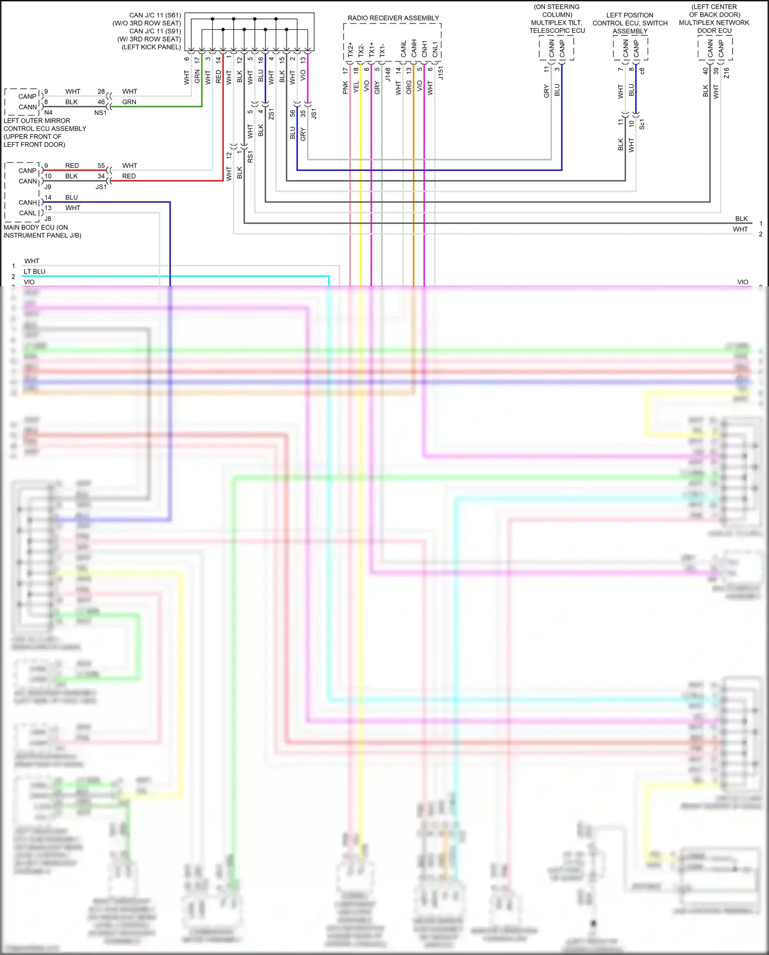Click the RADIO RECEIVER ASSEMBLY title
[393, 18]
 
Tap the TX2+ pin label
[351, 50]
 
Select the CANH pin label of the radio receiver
[414, 49]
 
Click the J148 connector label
[388, 75]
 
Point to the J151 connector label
[440, 73]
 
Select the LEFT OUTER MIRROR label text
[37, 121]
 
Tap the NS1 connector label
[100, 113]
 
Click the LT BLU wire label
[34, 271]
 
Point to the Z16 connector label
[726, 73]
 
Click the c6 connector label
[642, 71]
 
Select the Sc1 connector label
[642, 124]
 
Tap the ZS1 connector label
[271, 114]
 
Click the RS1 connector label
[250, 157]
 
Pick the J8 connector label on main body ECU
[48, 219]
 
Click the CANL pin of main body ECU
[28, 213]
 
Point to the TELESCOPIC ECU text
[557, 31]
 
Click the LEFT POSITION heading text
[630, 15]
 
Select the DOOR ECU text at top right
[714, 31]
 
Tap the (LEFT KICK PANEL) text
[151, 47]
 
